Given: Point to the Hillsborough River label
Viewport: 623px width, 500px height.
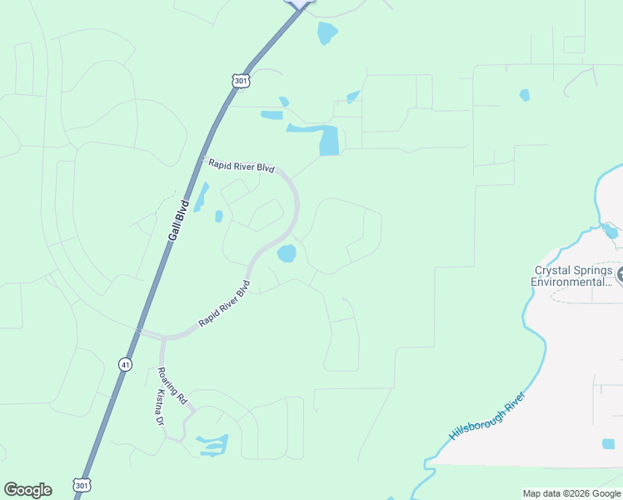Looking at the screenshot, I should click(x=488, y=416).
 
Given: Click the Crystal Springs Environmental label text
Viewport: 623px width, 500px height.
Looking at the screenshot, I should click(x=573, y=276).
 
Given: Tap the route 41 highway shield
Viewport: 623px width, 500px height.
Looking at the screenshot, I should click(x=124, y=364).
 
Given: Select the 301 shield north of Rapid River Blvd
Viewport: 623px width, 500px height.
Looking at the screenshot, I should click(x=240, y=81).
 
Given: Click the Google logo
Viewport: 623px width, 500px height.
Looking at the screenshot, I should click(x=27, y=490).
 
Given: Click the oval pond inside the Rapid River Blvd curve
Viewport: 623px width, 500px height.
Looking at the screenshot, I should click(x=287, y=253).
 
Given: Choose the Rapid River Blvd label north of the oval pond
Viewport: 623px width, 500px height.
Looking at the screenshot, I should click(x=242, y=165).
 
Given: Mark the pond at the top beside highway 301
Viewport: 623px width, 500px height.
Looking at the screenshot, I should click(x=327, y=33).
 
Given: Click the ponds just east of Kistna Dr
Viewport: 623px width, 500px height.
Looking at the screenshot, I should click(x=212, y=444).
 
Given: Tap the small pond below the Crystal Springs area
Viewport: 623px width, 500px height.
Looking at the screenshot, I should click(x=608, y=444).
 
